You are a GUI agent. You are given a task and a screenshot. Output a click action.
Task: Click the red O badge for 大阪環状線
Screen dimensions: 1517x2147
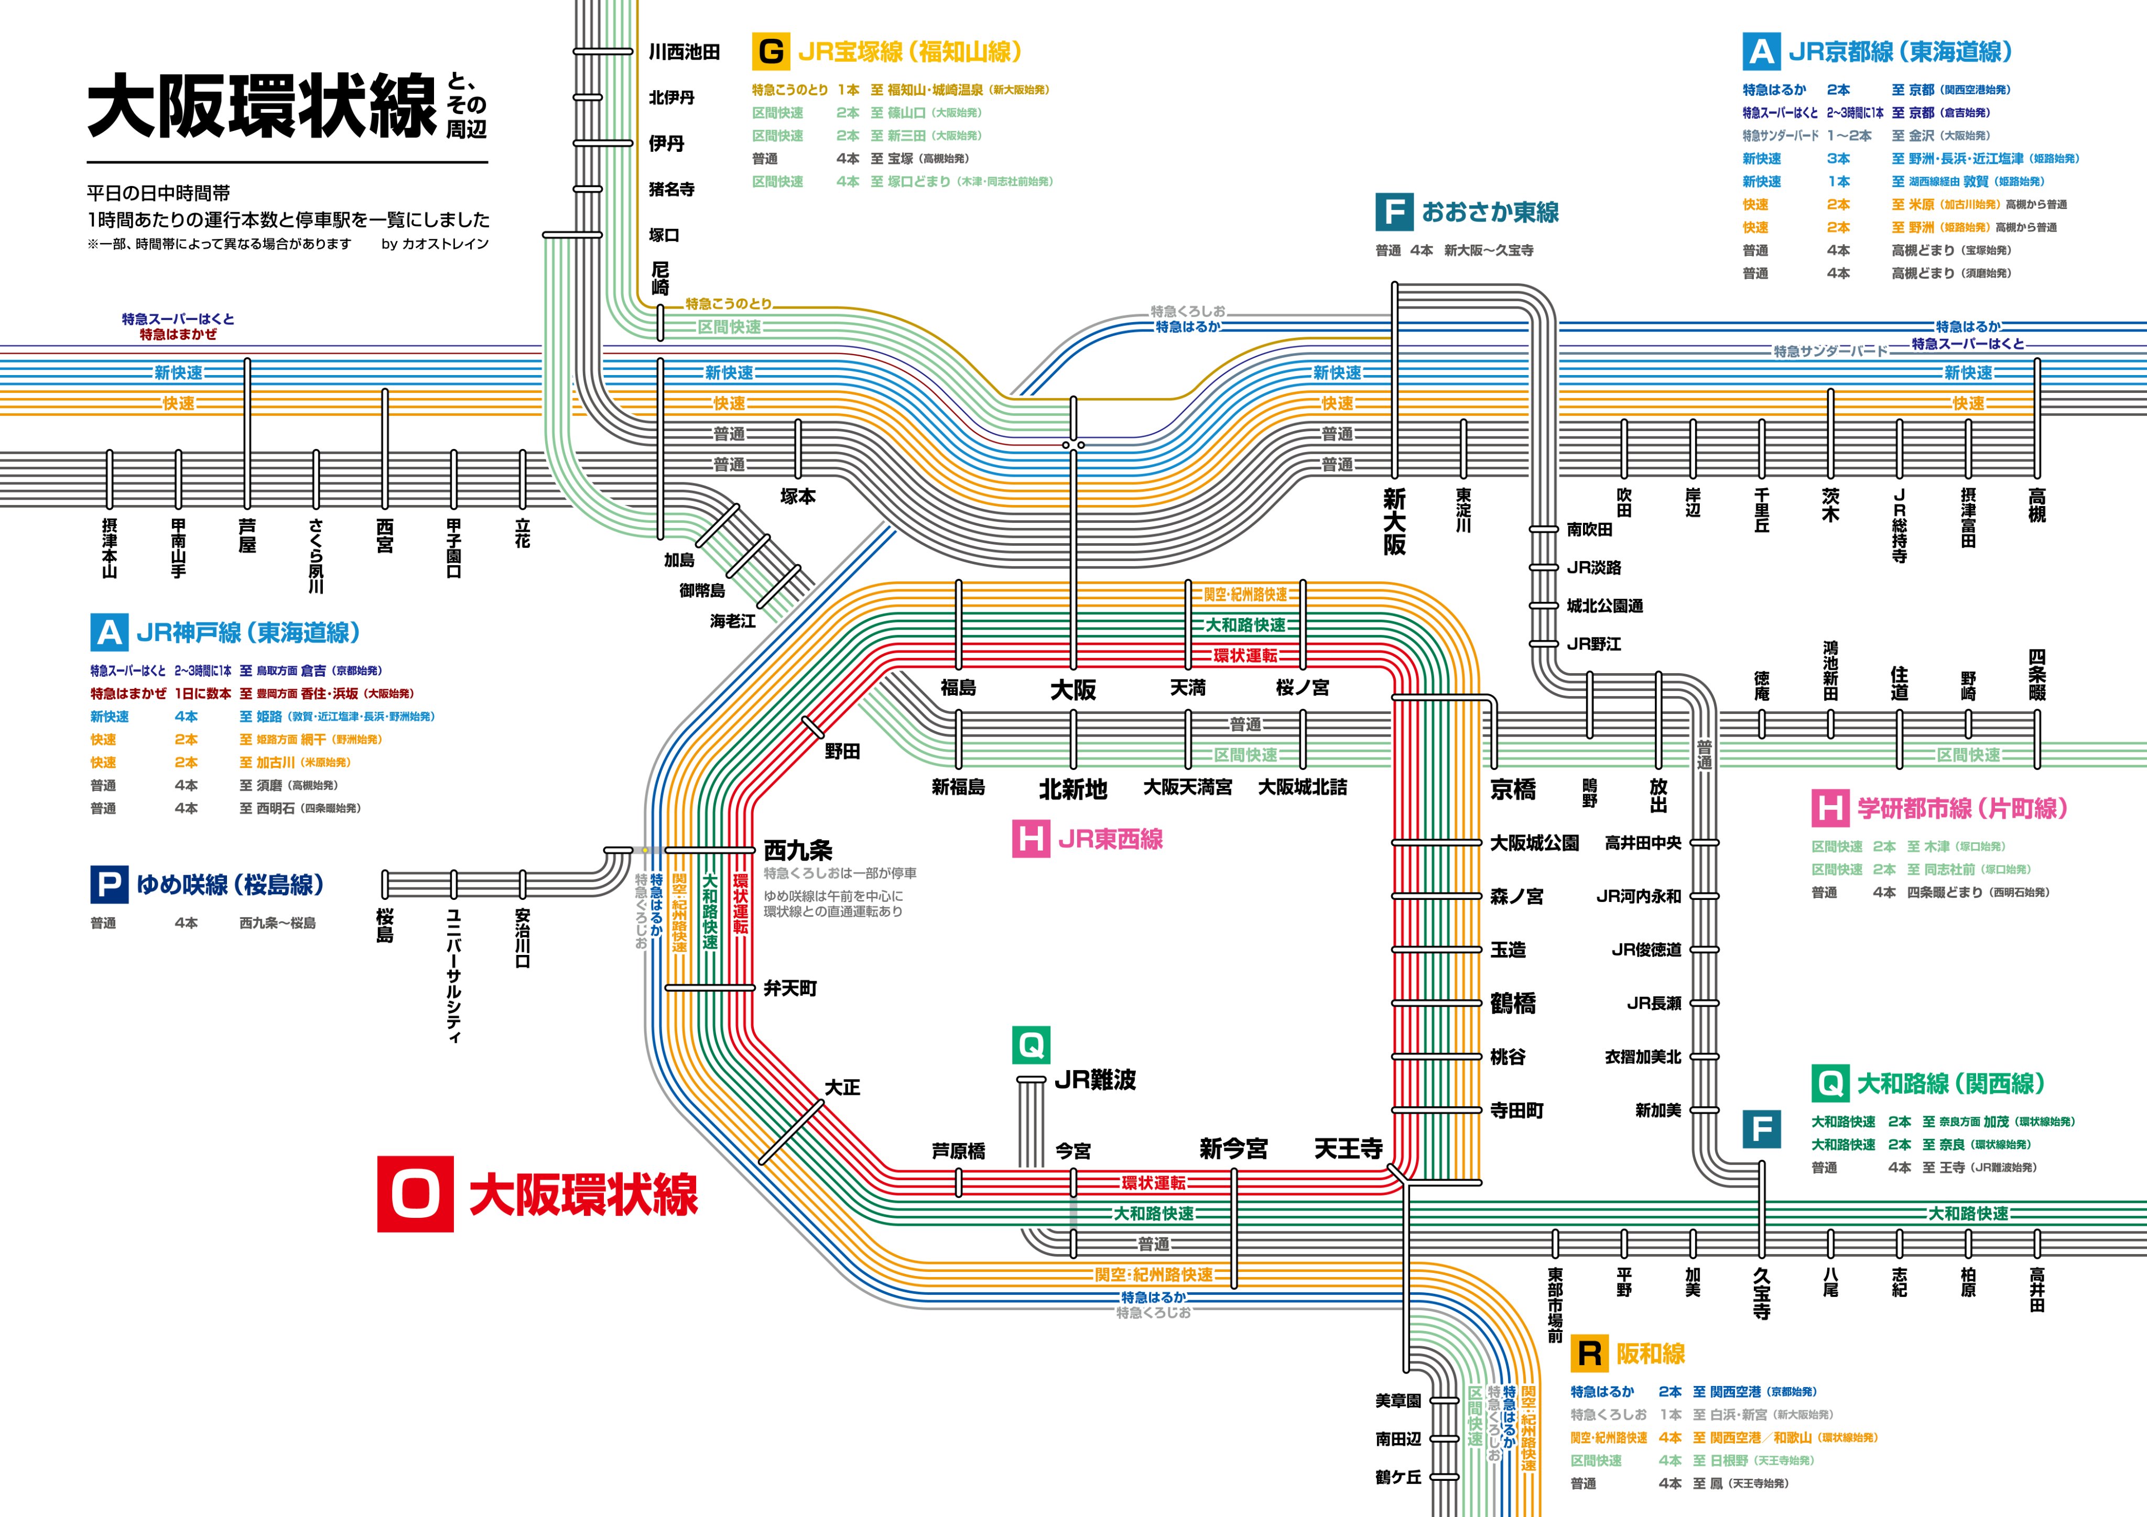415,1194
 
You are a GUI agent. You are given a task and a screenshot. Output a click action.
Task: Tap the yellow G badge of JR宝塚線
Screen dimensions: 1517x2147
771,51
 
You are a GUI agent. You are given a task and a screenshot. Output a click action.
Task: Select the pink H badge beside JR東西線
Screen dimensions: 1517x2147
1031,839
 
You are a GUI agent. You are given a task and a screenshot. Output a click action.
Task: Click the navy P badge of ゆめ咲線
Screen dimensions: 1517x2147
109,884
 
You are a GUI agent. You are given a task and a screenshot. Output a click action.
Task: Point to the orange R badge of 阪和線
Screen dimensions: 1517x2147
1589,1353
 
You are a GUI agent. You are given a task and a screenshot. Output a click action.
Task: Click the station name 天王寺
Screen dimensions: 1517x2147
1348,1149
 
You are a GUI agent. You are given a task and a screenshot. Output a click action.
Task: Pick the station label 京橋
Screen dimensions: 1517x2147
1513,790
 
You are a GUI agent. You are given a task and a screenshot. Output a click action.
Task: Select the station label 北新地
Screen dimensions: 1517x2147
1072,790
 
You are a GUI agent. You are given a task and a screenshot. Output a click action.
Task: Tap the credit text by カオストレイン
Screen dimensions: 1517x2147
435,244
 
